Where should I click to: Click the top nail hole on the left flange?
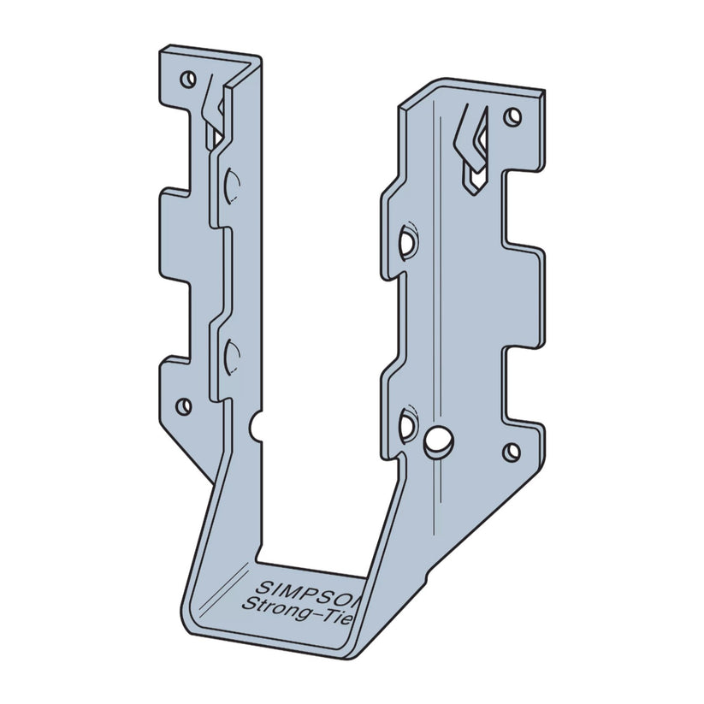[x=186, y=80]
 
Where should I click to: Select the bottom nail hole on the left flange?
[x=182, y=405]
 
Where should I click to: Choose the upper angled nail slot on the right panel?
[x=405, y=240]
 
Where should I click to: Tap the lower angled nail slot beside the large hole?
[x=405, y=422]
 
